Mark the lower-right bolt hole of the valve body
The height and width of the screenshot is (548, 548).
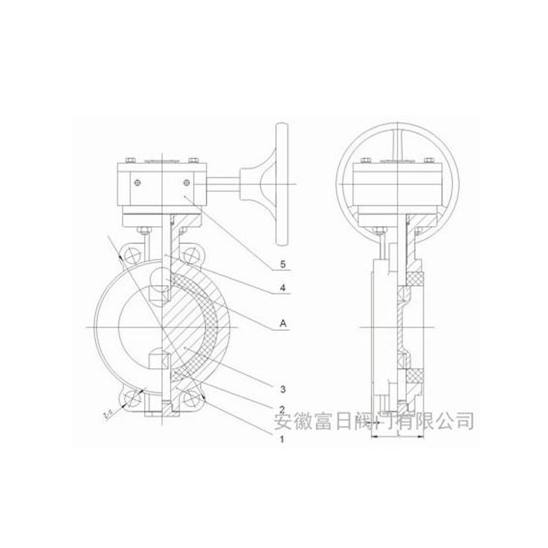pos(194,397)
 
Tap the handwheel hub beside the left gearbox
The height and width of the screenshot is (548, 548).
pos(255,178)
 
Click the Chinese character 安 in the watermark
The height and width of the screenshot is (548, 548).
pos(281,421)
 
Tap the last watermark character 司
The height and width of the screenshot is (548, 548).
pos(465,421)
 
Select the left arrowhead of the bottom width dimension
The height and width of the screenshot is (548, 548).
pos(374,438)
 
